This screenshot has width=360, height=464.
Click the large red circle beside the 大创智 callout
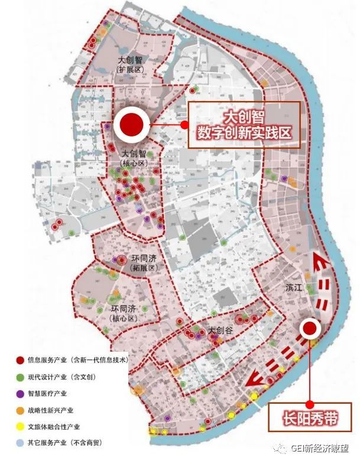pyautogui.click(x=132, y=124)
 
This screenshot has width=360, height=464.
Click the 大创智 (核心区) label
pyautogui.click(x=129, y=158)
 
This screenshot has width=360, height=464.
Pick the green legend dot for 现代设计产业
pyautogui.click(x=20, y=376)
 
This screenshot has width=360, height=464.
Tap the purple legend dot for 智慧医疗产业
pyautogui.click(x=20, y=392)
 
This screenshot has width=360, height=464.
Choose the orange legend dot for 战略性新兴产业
pyautogui.click(x=20, y=409)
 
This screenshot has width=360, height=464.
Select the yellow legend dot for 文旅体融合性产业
pyautogui.click(x=20, y=426)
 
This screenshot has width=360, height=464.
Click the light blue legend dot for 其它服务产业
pyautogui.click(x=20, y=442)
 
